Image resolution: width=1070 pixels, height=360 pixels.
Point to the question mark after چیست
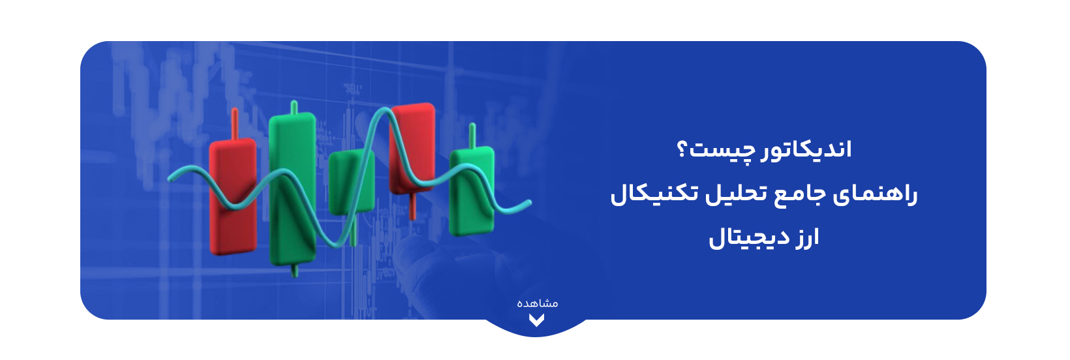682,150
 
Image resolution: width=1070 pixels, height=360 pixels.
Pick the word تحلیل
734,194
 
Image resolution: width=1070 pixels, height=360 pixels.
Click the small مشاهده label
537,303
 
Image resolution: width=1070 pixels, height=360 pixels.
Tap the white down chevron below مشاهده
536,320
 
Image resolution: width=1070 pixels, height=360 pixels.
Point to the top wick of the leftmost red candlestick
234,124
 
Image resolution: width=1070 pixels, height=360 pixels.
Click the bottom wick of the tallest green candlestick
295,270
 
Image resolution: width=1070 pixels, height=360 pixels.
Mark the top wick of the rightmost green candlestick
472,136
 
